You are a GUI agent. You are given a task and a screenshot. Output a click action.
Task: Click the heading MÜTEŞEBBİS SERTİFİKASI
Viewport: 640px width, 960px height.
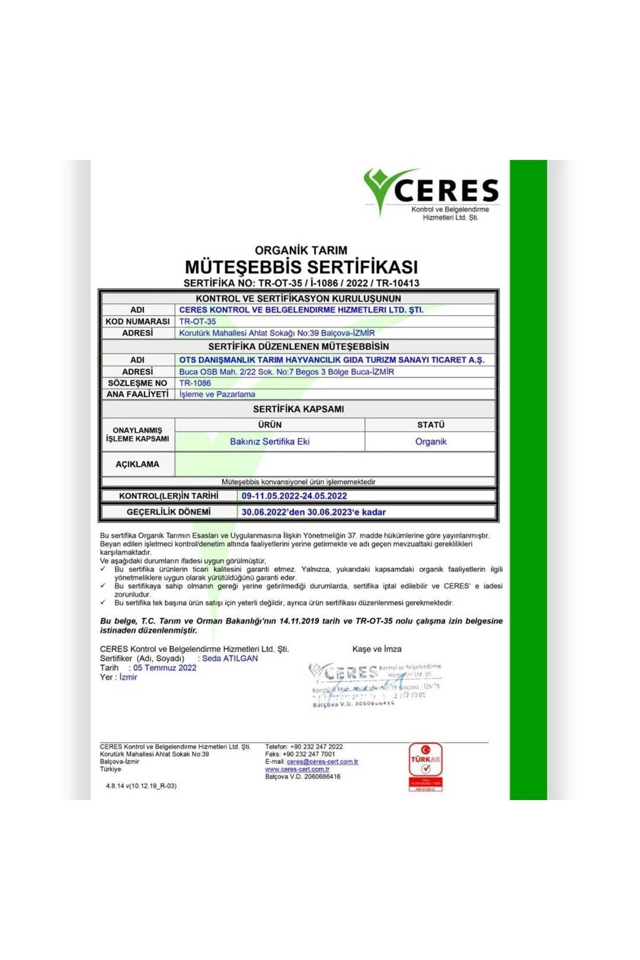coord(301,267)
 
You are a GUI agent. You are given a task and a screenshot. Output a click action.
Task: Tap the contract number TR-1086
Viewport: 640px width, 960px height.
coord(195,383)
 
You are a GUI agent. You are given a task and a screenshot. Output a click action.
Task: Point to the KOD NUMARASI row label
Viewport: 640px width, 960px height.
coord(138,322)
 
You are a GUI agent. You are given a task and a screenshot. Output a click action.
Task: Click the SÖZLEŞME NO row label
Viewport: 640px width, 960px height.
coord(138,383)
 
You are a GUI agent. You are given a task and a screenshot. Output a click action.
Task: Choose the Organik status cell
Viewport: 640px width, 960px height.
coord(431,442)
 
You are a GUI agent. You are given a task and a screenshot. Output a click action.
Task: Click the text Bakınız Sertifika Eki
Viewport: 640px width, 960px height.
coord(270,442)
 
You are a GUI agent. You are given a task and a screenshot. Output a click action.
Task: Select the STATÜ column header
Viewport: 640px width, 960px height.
coord(431,425)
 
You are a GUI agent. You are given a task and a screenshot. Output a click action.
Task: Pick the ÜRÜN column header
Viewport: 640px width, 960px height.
coord(270,425)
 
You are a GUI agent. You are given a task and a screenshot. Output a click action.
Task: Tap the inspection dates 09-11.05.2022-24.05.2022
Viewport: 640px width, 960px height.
coord(294,496)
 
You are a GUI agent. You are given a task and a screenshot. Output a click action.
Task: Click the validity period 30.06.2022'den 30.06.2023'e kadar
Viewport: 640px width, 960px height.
coord(314,512)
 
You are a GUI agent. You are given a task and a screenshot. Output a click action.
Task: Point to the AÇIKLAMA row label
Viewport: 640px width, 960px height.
coord(138,464)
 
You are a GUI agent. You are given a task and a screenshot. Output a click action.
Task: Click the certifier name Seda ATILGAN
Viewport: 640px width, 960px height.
coord(230,659)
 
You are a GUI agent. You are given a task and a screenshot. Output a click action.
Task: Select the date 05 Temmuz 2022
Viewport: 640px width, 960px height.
coord(165,668)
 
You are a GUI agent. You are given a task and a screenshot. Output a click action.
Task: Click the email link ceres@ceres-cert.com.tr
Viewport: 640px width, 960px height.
coord(323,762)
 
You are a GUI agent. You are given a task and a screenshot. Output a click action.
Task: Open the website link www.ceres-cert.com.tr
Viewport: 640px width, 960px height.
coord(298,769)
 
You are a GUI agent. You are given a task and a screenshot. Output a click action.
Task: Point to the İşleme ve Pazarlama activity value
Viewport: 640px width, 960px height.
coord(218,394)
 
